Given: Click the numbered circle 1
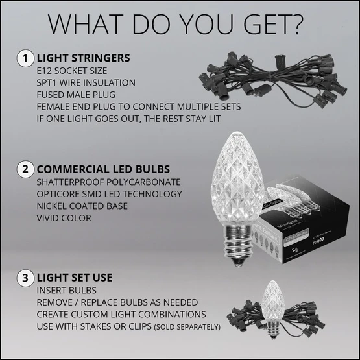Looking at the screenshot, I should point(24,58).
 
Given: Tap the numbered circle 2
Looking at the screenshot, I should point(24,169).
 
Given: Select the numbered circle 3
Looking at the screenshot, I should point(24,278).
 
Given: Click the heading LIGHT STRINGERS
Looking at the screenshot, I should point(83,58).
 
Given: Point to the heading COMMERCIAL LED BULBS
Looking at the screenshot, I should point(104,169).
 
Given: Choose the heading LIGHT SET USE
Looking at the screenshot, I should point(75,278).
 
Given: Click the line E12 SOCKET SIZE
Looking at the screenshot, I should point(73,71).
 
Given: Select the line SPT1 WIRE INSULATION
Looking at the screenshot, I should point(86,82).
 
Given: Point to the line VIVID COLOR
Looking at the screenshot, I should point(64,218).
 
